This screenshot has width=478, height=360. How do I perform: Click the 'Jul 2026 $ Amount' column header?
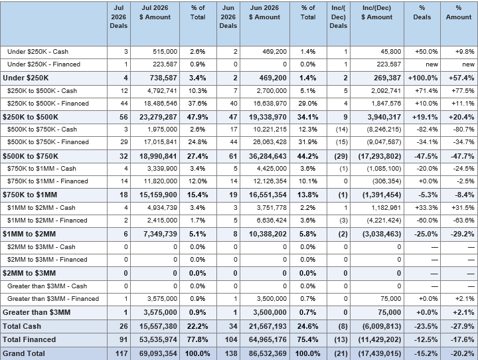point(155,13)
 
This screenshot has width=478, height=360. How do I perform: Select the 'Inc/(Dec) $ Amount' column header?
point(377,13)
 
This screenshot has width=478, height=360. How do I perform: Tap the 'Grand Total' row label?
point(24,353)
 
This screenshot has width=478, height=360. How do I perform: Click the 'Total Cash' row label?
point(22,326)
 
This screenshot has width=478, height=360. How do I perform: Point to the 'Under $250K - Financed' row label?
point(44,64)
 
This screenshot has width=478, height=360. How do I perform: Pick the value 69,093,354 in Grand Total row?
point(158,353)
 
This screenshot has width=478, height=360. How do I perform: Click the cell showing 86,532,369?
point(268,353)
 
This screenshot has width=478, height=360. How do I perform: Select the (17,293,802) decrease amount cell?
point(380,156)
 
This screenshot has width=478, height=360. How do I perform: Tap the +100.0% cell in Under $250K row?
point(423,78)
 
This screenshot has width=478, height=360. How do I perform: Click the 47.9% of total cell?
point(198,117)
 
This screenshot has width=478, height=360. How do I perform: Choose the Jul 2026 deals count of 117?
point(121,353)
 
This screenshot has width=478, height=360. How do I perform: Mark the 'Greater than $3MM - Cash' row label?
point(47,286)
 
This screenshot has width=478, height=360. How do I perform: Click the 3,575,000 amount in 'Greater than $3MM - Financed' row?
point(162,299)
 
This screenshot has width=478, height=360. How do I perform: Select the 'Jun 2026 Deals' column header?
point(228,17)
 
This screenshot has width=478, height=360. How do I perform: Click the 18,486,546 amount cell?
point(161,104)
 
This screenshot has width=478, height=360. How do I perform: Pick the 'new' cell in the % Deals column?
point(432,64)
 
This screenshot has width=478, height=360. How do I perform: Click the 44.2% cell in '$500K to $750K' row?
point(307,156)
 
